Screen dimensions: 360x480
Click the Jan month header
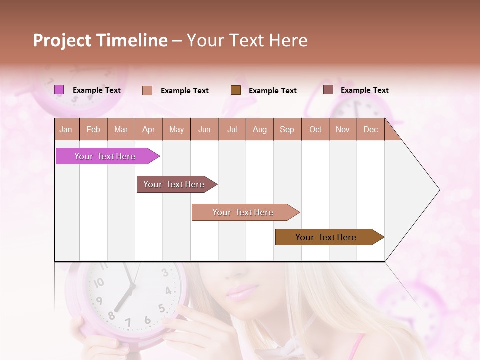66,129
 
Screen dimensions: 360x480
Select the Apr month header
149,129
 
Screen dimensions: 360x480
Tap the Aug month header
260,129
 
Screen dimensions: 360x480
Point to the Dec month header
370,129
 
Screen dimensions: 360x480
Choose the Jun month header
204,129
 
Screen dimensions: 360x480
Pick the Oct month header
315,129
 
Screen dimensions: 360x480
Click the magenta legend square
59,90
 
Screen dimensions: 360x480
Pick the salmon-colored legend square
147,90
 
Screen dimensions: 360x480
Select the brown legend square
236,90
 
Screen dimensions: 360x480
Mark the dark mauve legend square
328,90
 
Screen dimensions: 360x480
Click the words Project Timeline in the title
100,40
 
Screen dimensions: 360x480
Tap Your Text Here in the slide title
247,40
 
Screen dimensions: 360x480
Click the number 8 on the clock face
111,316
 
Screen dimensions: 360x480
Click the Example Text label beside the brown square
273,90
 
